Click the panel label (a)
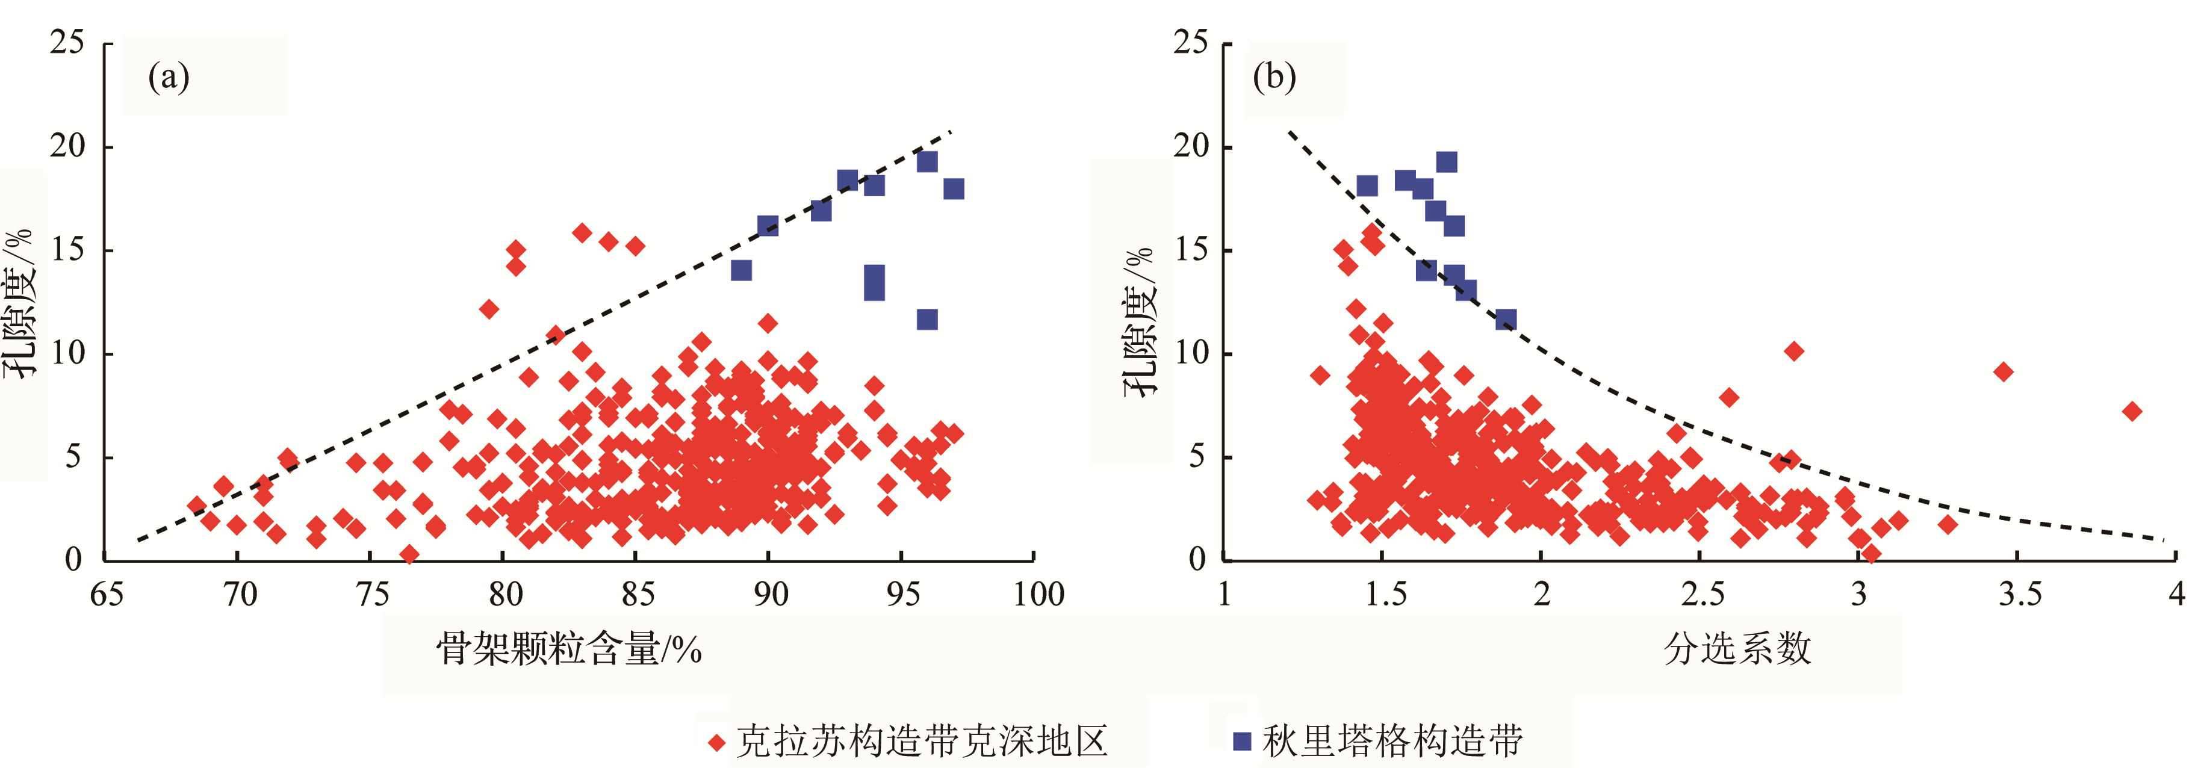pyautogui.click(x=169, y=77)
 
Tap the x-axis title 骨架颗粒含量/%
pyautogui.click(x=569, y=649)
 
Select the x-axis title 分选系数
pyautogui.click(x=1737, y=649)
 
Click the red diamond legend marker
pyautogui.click(x=717, y=742)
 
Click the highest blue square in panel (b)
pyautogui.click(x=1447, y=162)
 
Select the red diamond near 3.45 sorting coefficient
pyautogui.click(x=2003, y=372)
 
